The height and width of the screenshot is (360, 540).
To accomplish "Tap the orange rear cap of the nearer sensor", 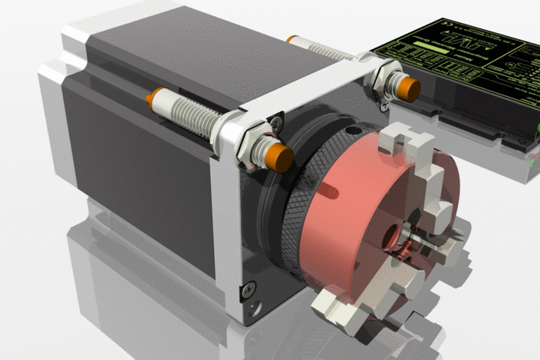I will coord(156,97).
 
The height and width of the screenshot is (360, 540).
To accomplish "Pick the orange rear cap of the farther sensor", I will coord(291,38).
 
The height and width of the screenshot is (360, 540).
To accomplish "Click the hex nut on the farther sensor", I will coord(380,77).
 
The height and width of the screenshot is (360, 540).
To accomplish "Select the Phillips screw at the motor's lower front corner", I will coord(247,289).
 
